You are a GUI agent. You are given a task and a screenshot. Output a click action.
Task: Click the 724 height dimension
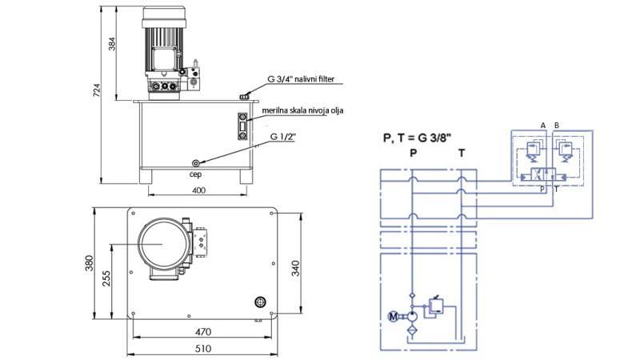tap(97, 92)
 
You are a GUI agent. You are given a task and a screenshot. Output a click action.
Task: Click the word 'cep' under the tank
tap(195, 171)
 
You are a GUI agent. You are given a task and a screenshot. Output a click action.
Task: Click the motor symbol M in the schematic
tap(392, 317)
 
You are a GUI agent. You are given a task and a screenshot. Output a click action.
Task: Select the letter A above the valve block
tap(543, 126)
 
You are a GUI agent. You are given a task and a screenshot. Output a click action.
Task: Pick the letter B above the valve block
tap(557, 126)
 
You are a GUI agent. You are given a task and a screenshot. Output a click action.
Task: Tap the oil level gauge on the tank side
tap(242, 126)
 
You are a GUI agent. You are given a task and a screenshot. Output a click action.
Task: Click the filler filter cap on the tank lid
tap(243, 97)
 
